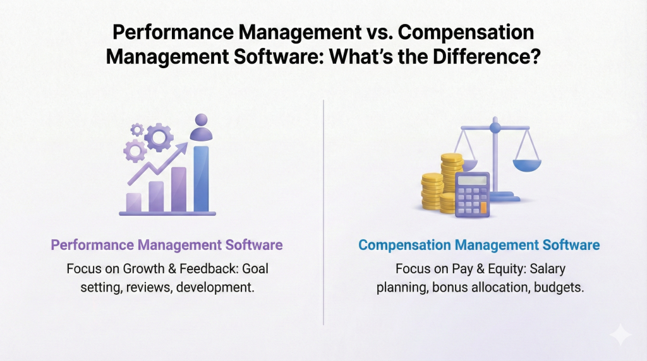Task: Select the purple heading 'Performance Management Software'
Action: tap(167, 244)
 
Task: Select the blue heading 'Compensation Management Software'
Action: tap(479, 244)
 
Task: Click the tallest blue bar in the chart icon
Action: tap(201, 179)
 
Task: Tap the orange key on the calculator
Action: tap(483, 206)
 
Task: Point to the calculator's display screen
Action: tap(471, 180)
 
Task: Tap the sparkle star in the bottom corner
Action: tap(620, 335)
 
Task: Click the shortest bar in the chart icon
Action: tap(134, 202)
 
